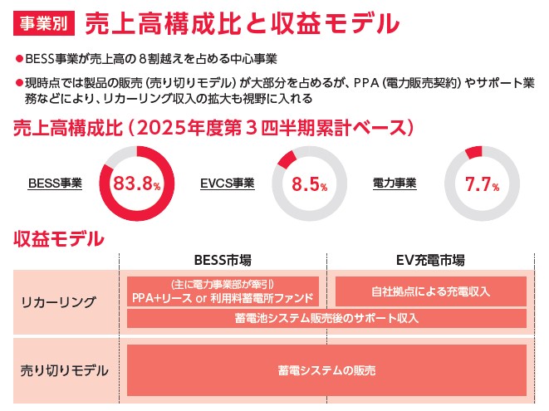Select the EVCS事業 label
[x=228, y=183]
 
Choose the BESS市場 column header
[x=222, y=259]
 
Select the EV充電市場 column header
[x=429, y=259]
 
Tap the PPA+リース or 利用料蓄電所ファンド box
[x=223, y=291]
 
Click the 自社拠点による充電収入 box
[x=430, y=291]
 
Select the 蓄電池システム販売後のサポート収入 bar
[x=326, y=318]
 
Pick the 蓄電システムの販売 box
[x=326, y=369]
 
